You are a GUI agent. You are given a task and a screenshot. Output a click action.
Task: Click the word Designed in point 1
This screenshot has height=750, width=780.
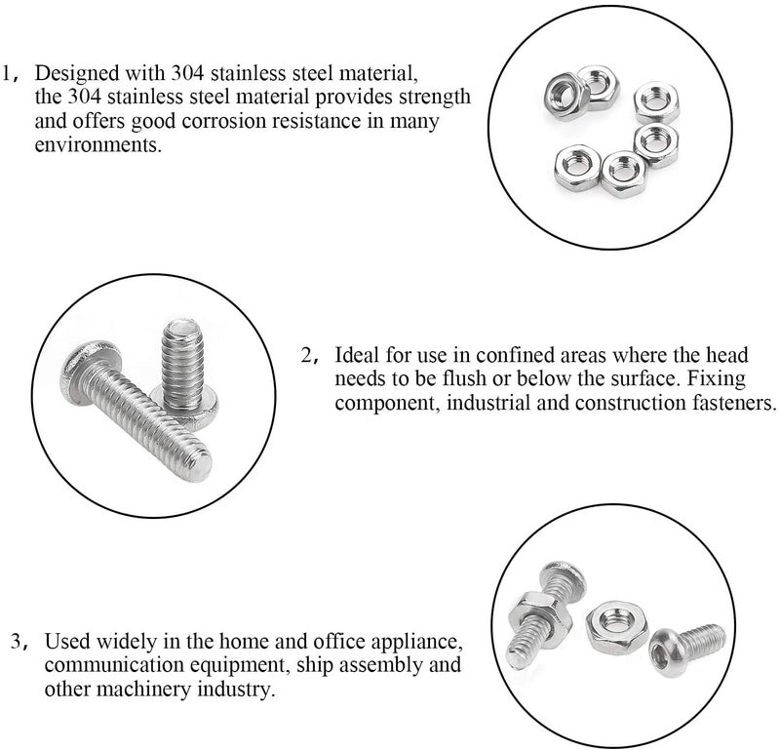pyautogui.click(x=81, y=73)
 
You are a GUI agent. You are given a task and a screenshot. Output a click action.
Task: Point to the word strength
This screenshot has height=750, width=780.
pyautogui.click(x=438, y=98)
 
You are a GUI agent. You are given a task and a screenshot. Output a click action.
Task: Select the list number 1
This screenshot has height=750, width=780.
pyautogui.click(x=11, y=73)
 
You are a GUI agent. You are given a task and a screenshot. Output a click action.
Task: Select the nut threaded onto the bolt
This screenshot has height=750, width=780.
pyautogui.click(x=533, y=613)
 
